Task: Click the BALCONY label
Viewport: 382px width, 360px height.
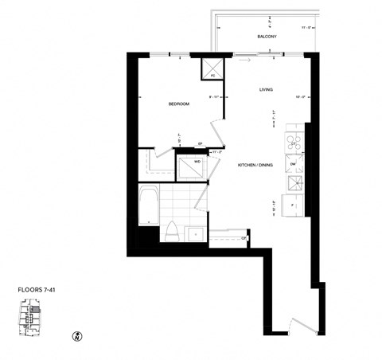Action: pyautogui.click(x=267, y=37)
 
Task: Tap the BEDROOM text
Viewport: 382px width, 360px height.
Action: pyautogui.click(x=179, y=104)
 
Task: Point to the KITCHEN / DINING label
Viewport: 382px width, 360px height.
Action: pyautogui.click(x=255, y=165)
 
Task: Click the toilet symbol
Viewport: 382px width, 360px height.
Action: pyautogui.click(x=170, y=231)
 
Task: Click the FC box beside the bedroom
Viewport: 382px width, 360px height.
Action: pyautogui.click(x=213, y=70)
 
